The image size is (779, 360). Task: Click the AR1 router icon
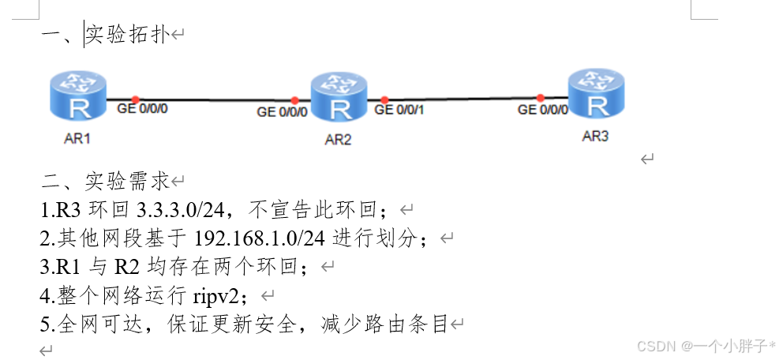[x=78, y=97]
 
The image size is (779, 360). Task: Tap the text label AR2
[x=338, y=141]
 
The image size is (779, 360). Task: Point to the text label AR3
[x=595, y=136]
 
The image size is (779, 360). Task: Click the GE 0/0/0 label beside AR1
[x=142, y=109]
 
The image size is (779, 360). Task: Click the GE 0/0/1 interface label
[x=399, y=110]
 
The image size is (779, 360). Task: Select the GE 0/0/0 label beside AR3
[x=542, y=110]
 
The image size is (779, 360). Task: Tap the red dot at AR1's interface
[x=135, y=99]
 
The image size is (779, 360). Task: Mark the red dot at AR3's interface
[x=541, y=98]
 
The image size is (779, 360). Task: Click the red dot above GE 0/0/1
[x=384, y=100]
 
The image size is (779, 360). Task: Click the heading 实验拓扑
[x=127, y=35]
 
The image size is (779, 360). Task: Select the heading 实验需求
[x=127, y=182]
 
